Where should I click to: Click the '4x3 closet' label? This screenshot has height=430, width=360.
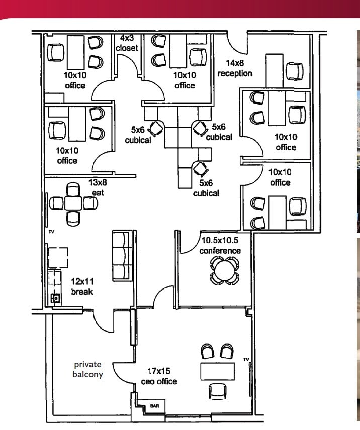(x=128, y=43)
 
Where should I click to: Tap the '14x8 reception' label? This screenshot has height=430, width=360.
(x=234, y=69)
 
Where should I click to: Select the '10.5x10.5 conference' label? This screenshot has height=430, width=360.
(x=220, y=246)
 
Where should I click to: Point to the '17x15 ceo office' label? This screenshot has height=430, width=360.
(x=161, y=376)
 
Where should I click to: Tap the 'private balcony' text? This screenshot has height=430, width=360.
(x=88, y=369)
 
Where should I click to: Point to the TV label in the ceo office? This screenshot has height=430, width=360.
(x=246, y=359)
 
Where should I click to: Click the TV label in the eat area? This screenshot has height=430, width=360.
(x=51, y=232)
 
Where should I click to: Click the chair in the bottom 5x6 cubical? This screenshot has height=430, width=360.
(x=202, y=167)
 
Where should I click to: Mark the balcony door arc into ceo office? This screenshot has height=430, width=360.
(x=122, y=374)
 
